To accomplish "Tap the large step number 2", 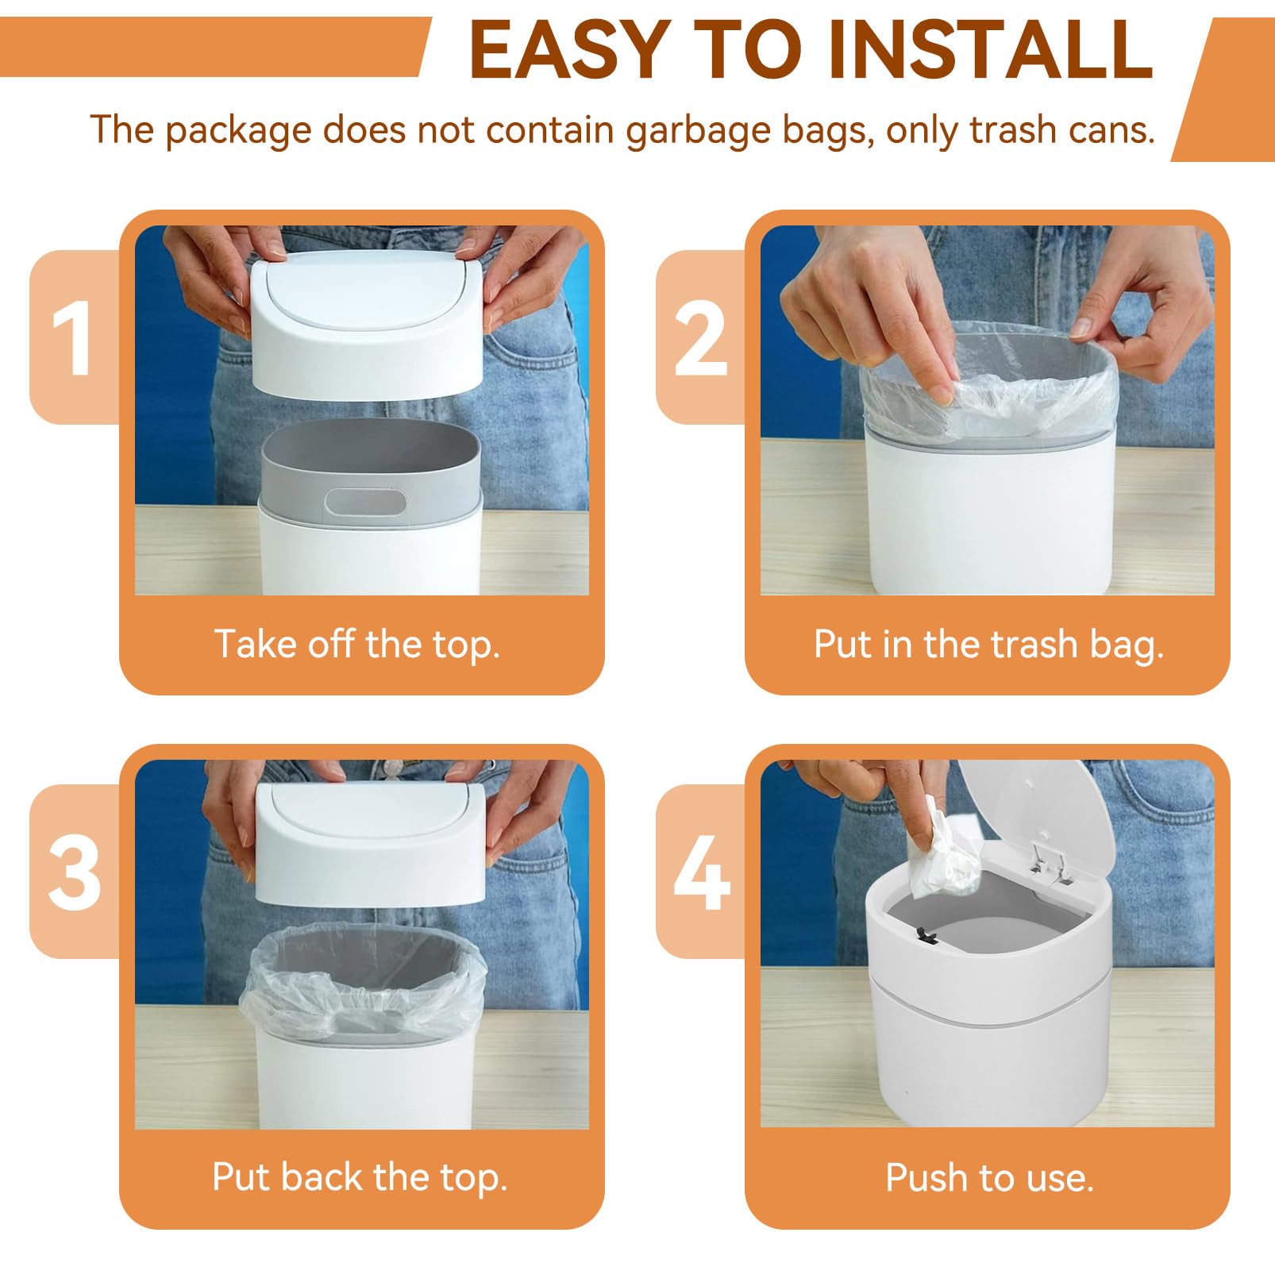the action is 700,340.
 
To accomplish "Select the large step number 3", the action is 74,873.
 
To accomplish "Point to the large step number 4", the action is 702,873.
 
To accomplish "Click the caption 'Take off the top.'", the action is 357,644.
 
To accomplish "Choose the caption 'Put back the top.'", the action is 360,1177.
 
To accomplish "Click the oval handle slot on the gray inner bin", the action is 365,501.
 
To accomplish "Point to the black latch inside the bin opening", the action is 926,936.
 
